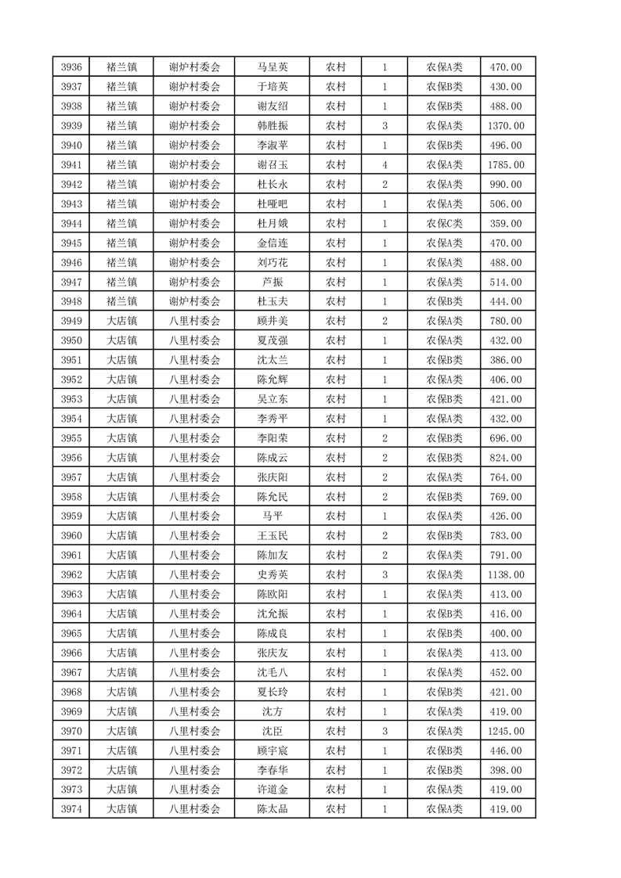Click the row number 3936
point(70,67)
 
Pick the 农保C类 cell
point(444,224)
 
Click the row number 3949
point(70,321)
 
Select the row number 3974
point(70,809)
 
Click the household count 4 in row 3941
point(385,165)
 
